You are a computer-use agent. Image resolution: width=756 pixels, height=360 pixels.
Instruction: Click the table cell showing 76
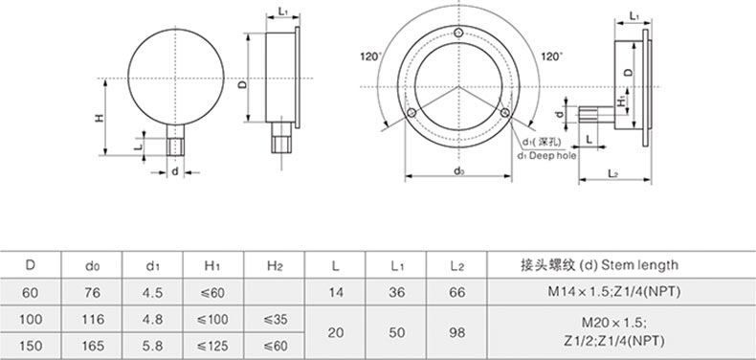point(92,292)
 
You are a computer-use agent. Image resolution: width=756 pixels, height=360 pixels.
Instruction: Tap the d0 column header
point(92,265)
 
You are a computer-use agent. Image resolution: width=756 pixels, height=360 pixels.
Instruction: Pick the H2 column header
point(274,265)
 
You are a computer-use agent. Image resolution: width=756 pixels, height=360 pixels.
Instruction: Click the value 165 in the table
point(92,346)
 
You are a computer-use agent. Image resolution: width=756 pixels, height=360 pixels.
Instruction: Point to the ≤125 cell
point(213,346)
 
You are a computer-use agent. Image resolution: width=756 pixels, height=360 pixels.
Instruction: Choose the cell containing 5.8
point(152,346)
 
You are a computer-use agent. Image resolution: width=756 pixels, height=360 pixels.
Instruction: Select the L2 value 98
point(456,332)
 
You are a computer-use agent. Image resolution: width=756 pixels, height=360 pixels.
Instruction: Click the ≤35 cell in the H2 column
point(274,319)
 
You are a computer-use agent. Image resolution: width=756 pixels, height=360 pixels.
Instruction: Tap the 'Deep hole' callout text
point(546,156)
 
